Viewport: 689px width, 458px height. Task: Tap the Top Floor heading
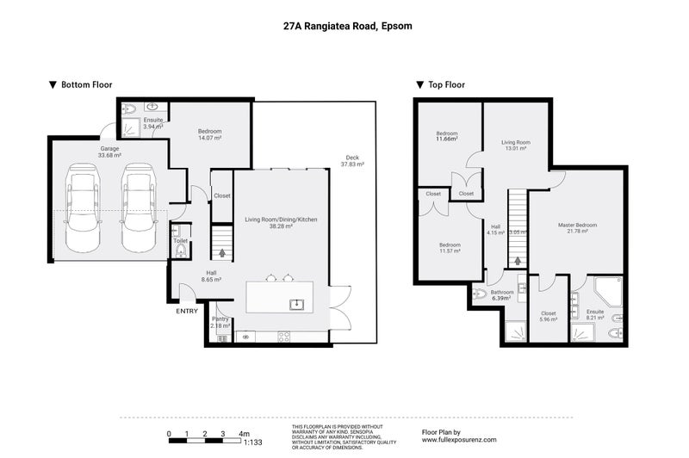(444, 85)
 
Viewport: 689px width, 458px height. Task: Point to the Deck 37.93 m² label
(352, 160)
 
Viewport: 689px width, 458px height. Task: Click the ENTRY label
(187, 311)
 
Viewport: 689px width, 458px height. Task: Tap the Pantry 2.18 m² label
(220, 322)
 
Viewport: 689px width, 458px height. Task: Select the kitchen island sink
(295, 303)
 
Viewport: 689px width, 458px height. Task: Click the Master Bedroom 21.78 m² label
(577, 227)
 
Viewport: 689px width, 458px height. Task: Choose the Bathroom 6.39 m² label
(502, 294)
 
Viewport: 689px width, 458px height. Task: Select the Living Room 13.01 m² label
(516, 145)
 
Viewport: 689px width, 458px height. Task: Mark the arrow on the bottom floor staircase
(223, 253)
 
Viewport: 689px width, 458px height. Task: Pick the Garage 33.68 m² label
(109, 152)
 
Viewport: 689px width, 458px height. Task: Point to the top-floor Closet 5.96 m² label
(548, 316)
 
